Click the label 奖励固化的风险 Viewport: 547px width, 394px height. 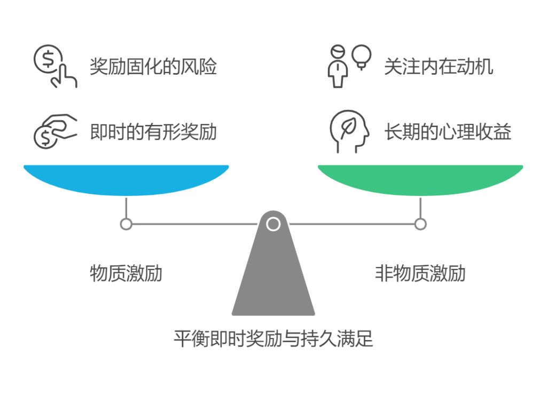(153, 67)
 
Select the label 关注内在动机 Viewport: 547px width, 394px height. (439, 67)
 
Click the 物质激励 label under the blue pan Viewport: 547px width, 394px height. (126, 273)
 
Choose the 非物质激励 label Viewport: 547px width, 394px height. (420, 273)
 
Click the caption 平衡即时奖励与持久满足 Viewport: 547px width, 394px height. (273, 339)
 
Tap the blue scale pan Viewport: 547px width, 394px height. (126, 179)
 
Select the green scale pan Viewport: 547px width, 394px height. (420, 179)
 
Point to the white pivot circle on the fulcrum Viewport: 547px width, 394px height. (273, 224)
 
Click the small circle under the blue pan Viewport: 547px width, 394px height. (126, 224)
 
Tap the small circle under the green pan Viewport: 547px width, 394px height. (420, 224)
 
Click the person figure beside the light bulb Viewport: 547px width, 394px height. (338, 66)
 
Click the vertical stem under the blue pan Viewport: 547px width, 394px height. (126, 207)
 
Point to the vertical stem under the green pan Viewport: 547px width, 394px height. (420, 207)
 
